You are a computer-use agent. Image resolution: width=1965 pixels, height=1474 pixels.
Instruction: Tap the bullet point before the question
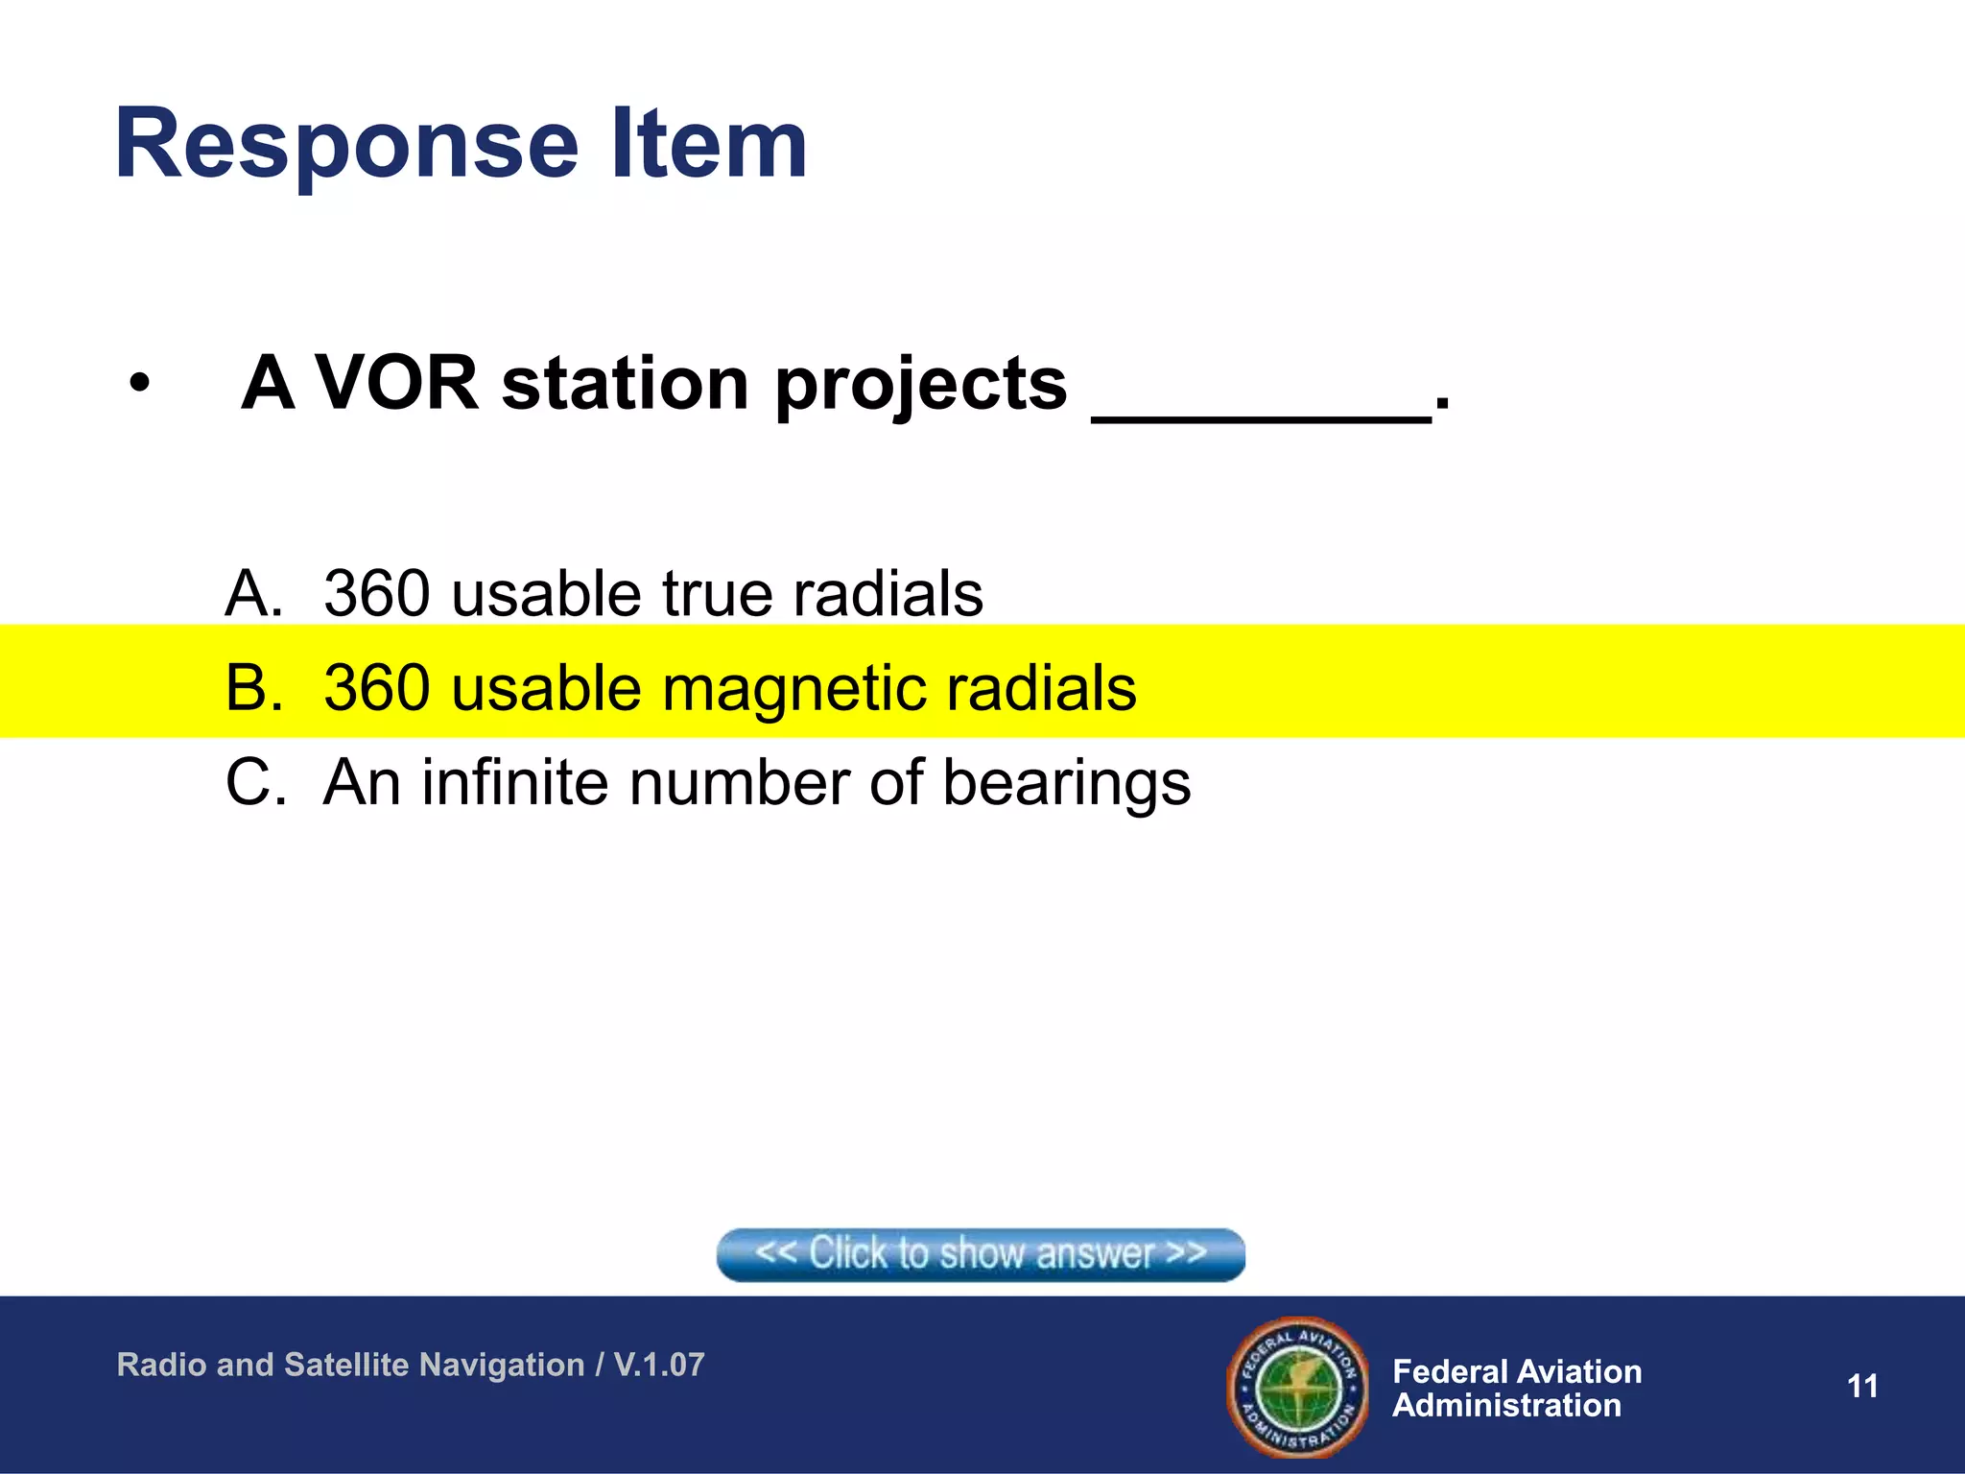point(140,384)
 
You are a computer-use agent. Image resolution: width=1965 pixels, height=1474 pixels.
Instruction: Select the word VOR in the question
point(396,383)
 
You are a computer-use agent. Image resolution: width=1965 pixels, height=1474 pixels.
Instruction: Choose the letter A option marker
point(253,593)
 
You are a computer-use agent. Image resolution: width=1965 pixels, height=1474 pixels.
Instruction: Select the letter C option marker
point(254,782)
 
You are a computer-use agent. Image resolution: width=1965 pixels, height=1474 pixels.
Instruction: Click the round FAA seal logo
point(1297,1387)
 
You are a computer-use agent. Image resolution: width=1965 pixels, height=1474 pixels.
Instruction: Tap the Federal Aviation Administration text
point(1516,1388)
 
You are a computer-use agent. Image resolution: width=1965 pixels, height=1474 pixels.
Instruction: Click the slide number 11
point(1861,1386)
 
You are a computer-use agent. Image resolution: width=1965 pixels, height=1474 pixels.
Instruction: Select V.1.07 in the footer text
point(658,1364)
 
